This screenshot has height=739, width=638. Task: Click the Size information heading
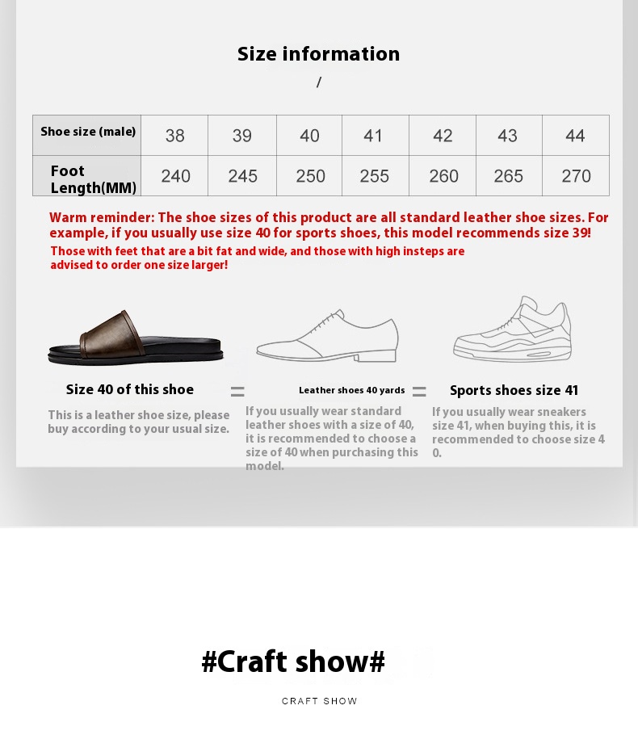(318, 54)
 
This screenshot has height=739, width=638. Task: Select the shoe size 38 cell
(174, 135)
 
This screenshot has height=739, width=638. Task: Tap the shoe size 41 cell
(375, 135)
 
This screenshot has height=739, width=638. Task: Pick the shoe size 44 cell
(575, 135)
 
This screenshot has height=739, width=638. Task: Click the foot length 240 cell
(174, 176)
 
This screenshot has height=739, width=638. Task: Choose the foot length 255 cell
(375, 176)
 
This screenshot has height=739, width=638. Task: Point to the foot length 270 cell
(575, 176)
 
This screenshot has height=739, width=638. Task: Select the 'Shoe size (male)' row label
(88, 132)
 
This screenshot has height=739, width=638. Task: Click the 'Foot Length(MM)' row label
(94, 179)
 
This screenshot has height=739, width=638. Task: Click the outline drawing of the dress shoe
(328, 336)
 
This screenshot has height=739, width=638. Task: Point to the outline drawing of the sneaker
(512, 329)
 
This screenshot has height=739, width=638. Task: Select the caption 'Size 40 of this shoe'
(129, 389)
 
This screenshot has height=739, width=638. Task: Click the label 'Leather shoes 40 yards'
(351, 390)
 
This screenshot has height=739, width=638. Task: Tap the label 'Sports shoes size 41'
(514, 390)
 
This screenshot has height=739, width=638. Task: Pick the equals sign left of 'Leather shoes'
(237, 391)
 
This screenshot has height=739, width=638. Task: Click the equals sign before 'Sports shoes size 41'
(419, 391)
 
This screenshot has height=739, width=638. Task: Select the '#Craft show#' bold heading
(293, 661)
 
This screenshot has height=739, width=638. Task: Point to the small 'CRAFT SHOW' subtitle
(320, 701)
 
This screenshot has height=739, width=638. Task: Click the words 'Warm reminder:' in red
(102, 218)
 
